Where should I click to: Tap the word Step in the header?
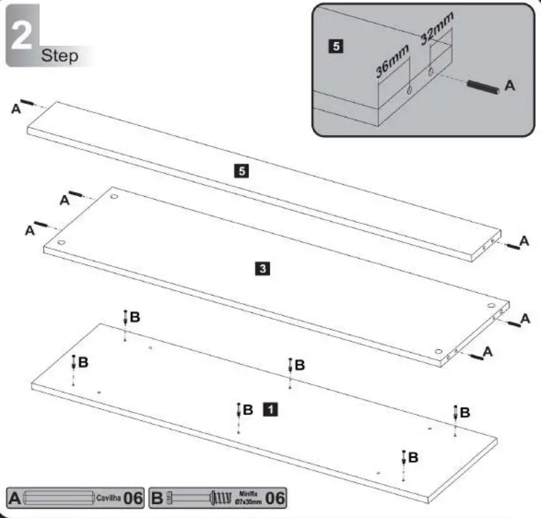coord(59,56)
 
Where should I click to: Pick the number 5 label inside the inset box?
coord(336,46)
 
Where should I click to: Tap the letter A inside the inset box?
coord(509,86)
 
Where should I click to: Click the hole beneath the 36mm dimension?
coord(408,89)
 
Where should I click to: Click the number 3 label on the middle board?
coord(262,269)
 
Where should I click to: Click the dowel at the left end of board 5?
coord(28,103)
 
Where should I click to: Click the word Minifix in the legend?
coord(248,494)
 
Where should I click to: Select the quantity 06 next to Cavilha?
coord(134,499)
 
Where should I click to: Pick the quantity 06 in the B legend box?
coord(276,499)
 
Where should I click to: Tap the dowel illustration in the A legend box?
coord(58,499)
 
